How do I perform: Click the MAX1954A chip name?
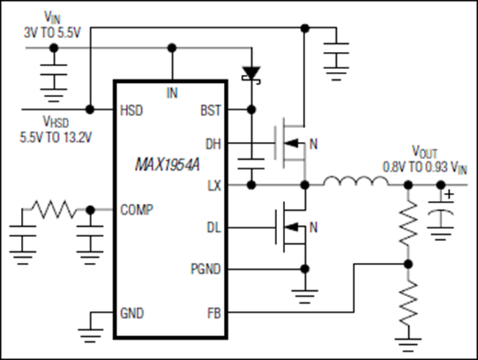pyautogui.click(x=171, y=166)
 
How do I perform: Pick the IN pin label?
pyautogui.click(x=172, y=92)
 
